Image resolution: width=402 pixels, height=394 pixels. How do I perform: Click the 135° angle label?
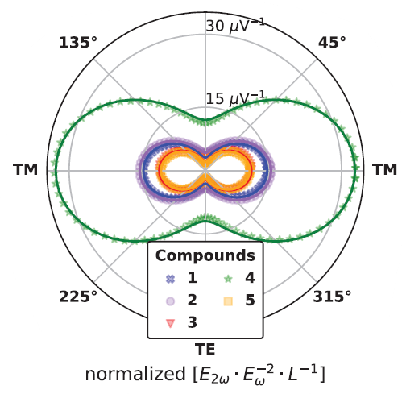tap(78, 43)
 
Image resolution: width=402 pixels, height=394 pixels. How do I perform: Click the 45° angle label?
tap(332, 43)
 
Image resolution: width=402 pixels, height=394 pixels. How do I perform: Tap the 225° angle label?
tap(78, 297)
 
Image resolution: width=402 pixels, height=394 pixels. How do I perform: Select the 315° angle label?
tap(332, 297)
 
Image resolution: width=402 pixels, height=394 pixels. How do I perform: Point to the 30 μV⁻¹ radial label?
tap(235, 26)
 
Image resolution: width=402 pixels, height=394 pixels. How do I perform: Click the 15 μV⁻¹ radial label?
tap(235, 98)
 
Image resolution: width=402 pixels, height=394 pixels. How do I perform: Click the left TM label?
tap(25, 169)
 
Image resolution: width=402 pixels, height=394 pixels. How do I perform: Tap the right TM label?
tap(384, 169)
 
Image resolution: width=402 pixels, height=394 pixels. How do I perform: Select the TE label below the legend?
tap(205, 349)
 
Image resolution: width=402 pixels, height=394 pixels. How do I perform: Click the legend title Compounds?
tap(205, 255)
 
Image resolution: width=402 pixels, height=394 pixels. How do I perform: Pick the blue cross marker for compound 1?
tap(170, 279)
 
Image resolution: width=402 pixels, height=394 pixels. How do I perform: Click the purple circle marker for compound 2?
tap(170, 301)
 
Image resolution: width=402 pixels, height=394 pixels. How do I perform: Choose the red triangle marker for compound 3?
tap(170, 323)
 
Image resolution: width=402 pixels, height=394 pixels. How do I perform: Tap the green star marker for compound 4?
tap(228, 279)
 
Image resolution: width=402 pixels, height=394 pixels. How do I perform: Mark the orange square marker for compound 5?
tap(228, 301)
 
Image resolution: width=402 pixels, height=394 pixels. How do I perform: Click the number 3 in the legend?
tap(193, 322)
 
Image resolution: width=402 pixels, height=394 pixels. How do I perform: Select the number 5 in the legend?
tap(250, 300)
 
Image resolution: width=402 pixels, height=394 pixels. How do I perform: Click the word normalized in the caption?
tap(135, 374)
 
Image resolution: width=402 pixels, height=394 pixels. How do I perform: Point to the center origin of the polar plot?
tap(205, 171)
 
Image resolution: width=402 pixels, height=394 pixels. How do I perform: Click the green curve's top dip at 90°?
tap(205, 120)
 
